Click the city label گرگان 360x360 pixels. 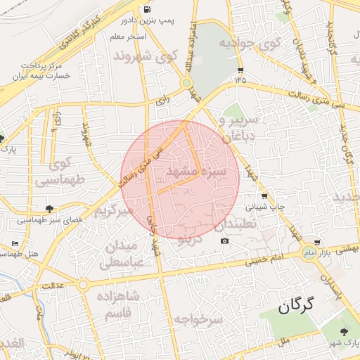pos(293,307)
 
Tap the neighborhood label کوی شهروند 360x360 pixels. pos(153,55)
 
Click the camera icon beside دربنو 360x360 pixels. pos(224,241)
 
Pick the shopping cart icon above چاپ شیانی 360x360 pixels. pos(264,196)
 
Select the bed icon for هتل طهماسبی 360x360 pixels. pos(15,243)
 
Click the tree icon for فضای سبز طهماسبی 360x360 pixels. pos(49,208)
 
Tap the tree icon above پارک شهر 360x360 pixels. pos(343,332)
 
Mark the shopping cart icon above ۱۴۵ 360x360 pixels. pos(240,70)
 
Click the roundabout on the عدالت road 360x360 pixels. pos(84,285)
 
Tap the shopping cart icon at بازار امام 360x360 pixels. pos(317,243)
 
